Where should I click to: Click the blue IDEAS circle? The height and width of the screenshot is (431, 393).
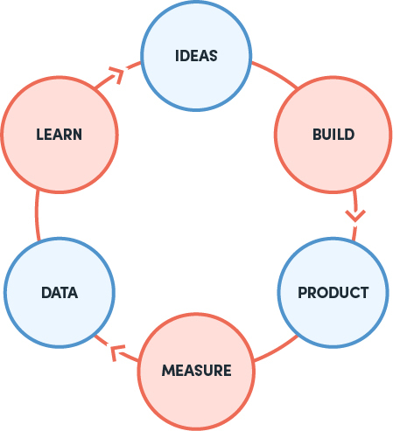point(196,56)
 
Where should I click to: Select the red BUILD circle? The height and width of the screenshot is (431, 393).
point(333,135)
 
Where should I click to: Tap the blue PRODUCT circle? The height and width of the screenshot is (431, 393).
point(333,293)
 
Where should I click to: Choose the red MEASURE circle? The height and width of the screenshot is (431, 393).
point(196,371)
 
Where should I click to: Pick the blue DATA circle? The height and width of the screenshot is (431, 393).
point(60,293)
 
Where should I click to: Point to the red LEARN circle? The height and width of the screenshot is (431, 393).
point(60,135)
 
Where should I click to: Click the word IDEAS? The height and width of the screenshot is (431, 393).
point(196,56)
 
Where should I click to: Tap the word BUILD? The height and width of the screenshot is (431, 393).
point(333,135)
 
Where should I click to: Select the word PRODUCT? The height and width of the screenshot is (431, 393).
point(333,293)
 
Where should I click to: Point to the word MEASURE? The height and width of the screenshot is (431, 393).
point(197,371)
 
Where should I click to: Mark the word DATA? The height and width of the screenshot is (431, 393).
point(60,293)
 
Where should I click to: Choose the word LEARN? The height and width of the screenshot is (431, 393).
point(60,135)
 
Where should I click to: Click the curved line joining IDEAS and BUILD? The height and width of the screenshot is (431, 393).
point(276,73)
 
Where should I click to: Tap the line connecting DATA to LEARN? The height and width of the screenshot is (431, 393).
point(37,215)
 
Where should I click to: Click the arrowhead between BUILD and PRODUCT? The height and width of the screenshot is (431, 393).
point(355,216)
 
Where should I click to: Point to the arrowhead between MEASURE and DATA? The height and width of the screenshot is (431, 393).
point(116,352)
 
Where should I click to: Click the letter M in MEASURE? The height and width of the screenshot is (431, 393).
point(168,371)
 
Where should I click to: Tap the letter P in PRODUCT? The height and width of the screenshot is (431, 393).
point(302,293)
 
